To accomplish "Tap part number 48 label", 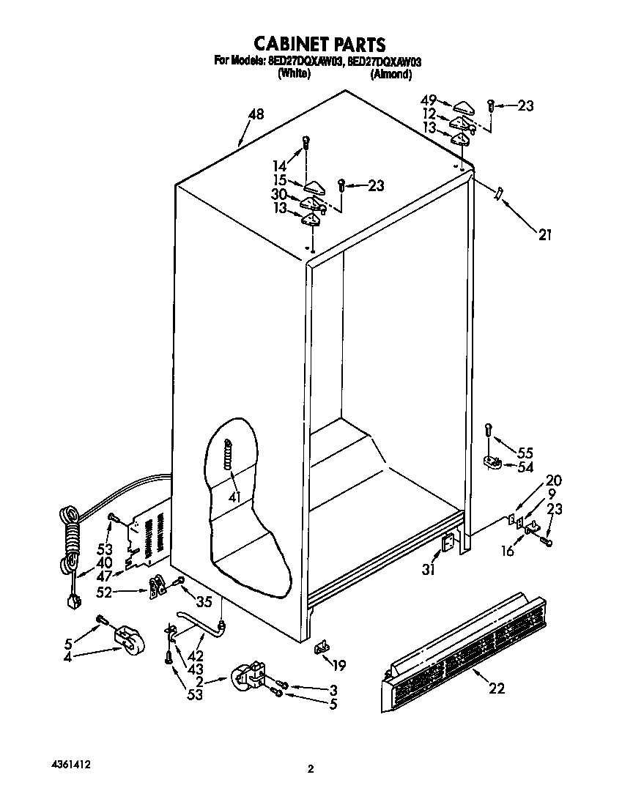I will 256,114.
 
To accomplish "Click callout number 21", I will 544,235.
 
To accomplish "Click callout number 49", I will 429,100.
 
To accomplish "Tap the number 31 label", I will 428,569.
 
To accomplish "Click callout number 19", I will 338,665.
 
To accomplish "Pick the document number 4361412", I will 72,764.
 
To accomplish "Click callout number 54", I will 525,467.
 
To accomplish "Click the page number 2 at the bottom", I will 311,769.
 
